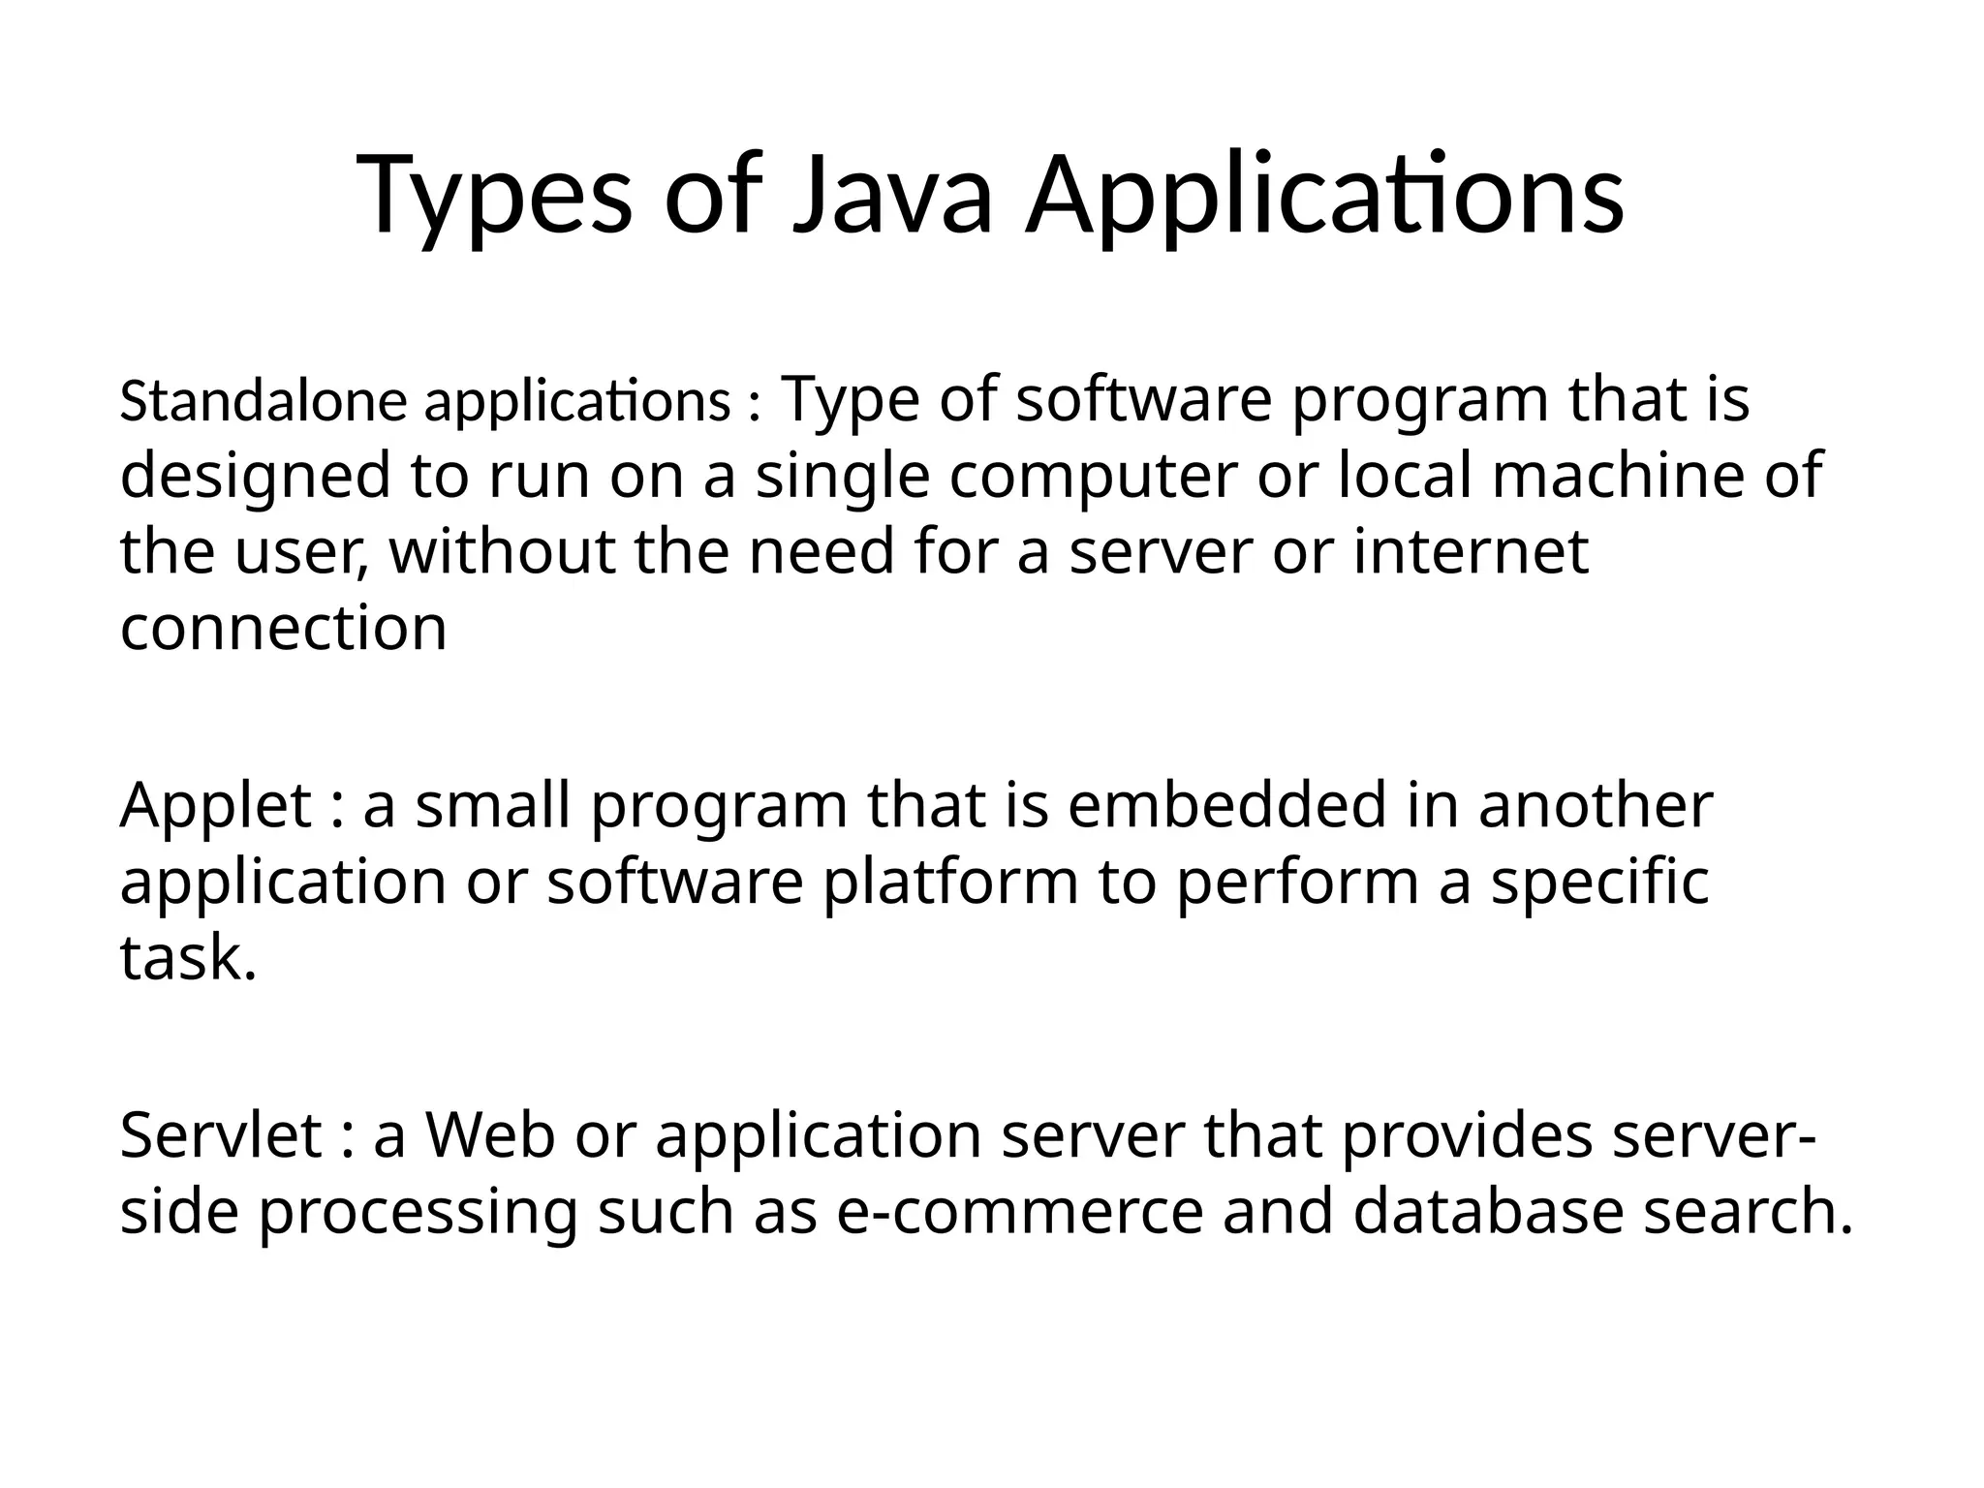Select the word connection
click(283, 628)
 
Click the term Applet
click(215, 806)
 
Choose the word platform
click(950, 883)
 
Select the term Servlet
click(221, 1135)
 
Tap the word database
click(1487, 1212)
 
